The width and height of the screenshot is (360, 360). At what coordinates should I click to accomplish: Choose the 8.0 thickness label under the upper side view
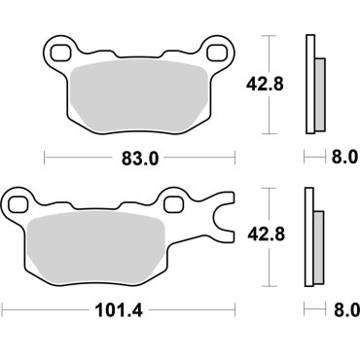coord(345,156)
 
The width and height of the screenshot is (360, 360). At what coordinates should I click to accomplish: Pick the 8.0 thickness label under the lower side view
coord(345,312)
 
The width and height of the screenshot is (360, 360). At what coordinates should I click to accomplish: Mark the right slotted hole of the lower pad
coord(176,202)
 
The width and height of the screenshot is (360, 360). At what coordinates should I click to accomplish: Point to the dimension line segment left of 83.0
coord(73,156)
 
